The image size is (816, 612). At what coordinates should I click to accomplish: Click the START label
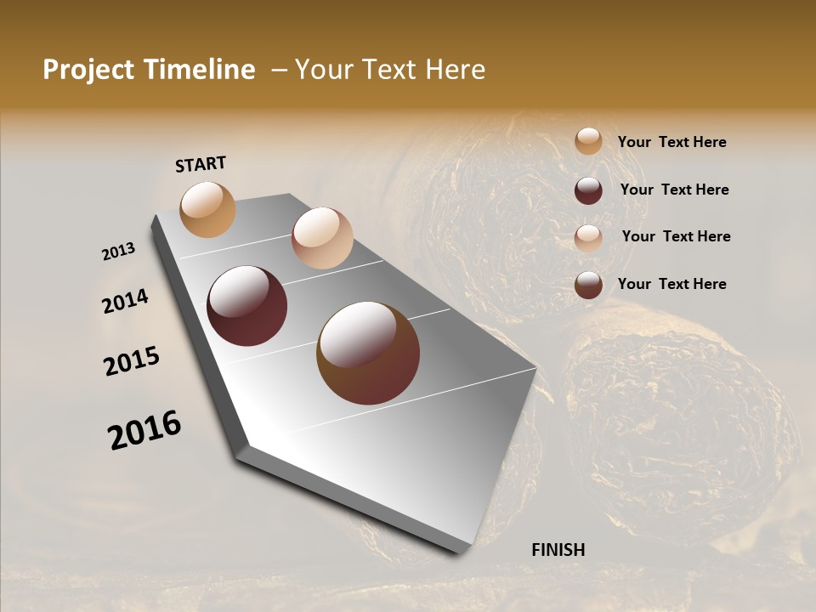point(201,164)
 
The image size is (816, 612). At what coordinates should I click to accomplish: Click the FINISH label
point(558,550)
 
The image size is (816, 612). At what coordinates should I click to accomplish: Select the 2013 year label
point(119,252)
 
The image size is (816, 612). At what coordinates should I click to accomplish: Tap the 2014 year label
point(125,301)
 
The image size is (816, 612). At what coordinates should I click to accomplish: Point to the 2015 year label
point(132,361)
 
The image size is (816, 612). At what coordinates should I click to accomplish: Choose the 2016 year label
point(144,430)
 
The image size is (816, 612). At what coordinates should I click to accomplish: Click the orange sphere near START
point(208,209)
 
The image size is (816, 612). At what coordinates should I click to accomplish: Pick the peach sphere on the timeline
point(322,237)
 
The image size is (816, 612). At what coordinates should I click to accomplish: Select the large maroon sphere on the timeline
point(246,305)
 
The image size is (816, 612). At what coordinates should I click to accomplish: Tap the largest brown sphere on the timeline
point(368,352)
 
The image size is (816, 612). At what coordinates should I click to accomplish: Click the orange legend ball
point(588,141)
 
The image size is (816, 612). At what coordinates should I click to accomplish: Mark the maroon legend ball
point(588,190)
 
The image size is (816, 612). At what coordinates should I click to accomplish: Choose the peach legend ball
point(588,238)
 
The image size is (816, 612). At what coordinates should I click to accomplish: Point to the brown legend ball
point(588,285)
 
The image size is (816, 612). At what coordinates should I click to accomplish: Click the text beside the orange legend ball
point(671,142)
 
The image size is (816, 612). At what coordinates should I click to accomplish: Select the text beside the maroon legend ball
point(674,190)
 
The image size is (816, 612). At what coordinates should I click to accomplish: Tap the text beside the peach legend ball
point(676,236)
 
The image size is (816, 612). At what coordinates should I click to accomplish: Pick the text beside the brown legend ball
point(671,284)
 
